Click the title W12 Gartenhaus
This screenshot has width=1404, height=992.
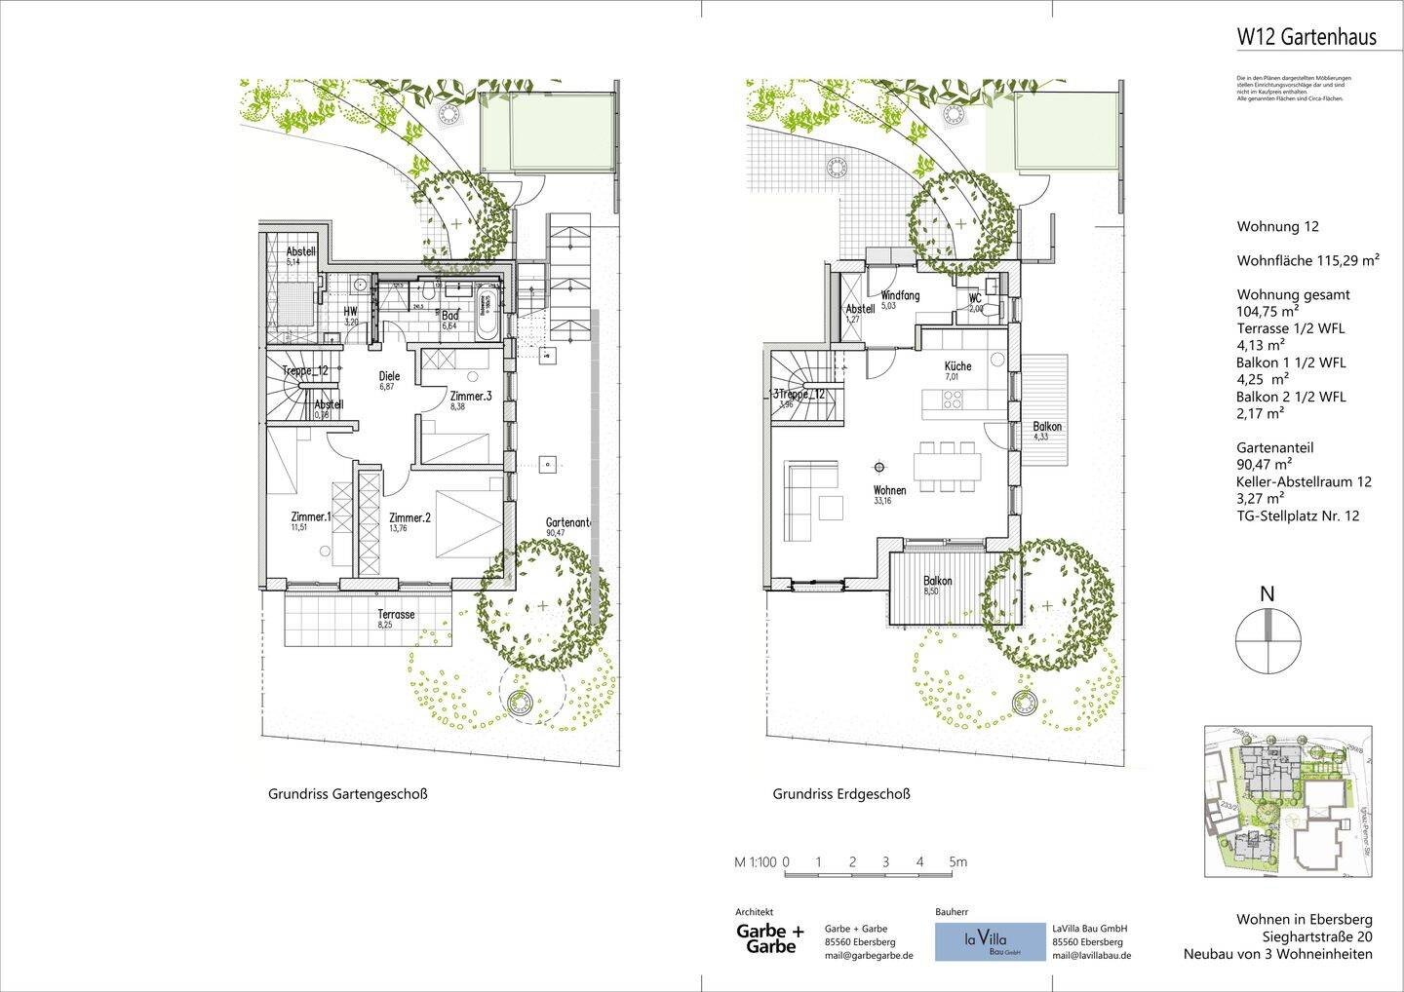(1306, 37)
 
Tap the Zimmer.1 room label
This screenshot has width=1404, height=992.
(311, 516)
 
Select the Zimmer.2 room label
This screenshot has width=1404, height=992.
(409, 518)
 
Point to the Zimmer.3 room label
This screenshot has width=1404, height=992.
(471, 397)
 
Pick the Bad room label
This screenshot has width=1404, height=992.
(450, 316)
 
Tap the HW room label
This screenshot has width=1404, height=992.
(350, 312)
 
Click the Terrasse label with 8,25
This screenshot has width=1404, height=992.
(396, 615)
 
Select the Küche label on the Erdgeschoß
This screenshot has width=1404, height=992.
(957, 366)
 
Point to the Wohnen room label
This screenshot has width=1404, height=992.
(889, 490)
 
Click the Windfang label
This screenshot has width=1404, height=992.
(900, 295)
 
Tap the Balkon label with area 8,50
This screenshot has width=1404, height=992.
(937, 581)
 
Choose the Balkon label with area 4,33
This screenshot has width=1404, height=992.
(1047, 427)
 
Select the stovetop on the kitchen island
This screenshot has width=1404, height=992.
(952, 399)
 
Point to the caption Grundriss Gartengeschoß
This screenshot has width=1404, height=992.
(347, 794)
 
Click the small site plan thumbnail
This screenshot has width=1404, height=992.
(1288, 801)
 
